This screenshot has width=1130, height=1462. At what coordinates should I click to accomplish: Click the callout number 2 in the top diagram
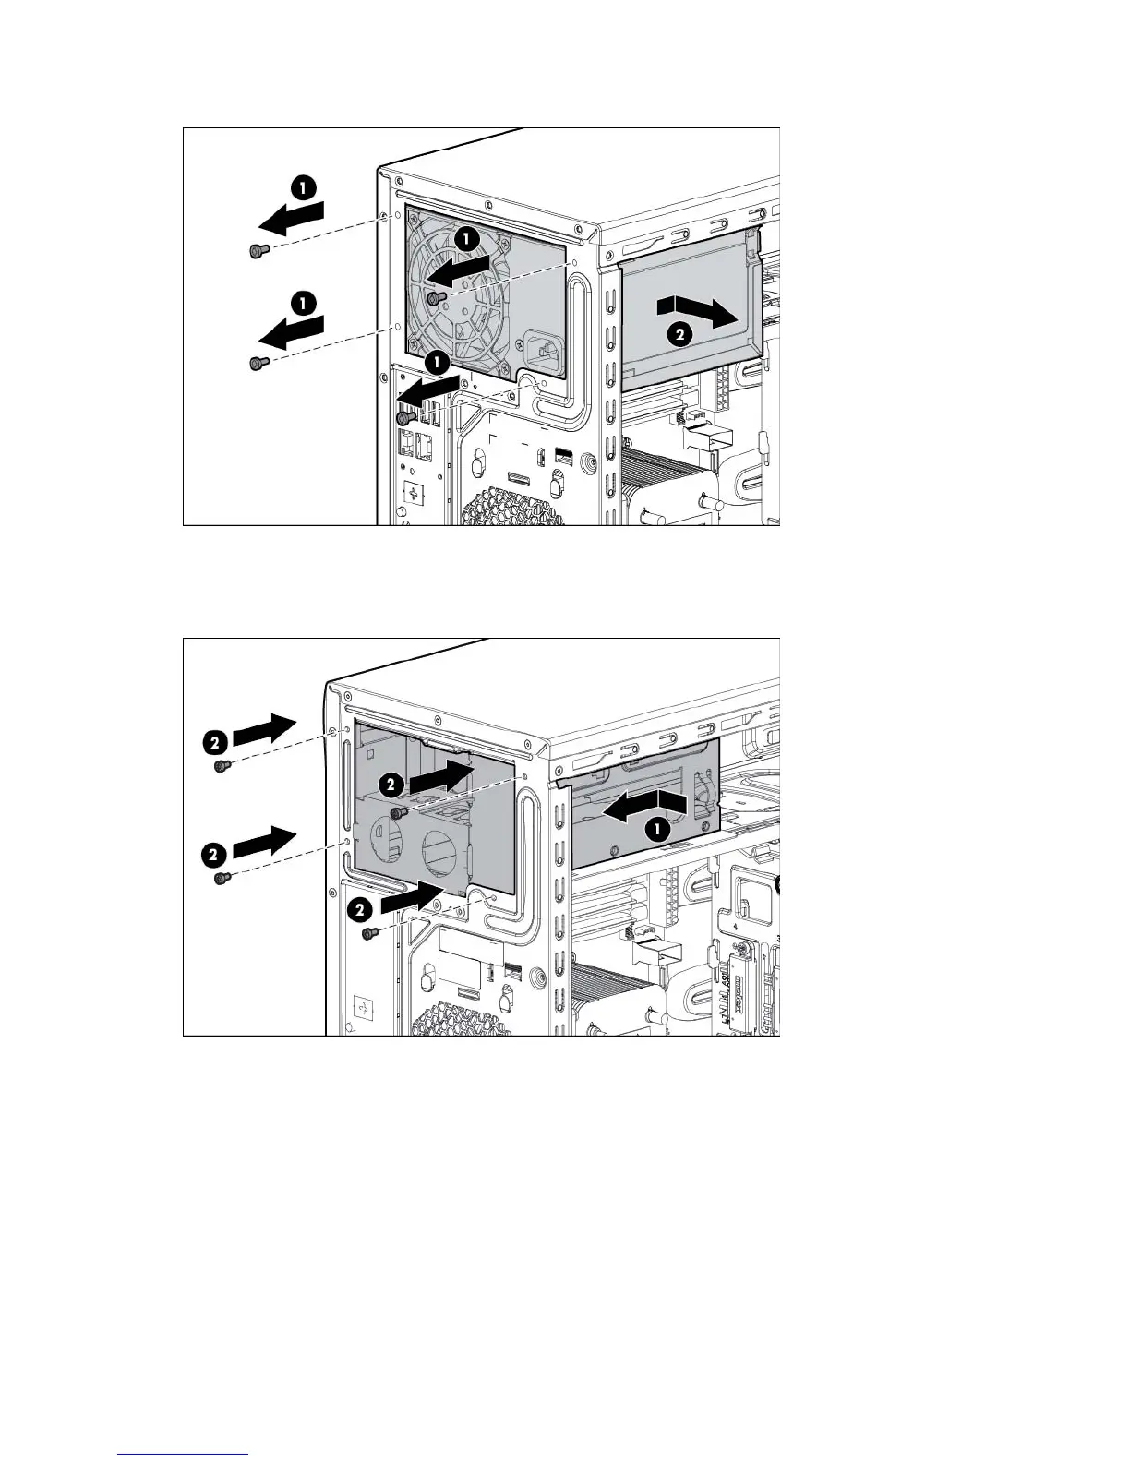tap(679, 337)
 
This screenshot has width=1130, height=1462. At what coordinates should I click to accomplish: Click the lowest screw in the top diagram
tap(403, 418)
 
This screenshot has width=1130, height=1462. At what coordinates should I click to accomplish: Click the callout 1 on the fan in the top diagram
tap(467, 239)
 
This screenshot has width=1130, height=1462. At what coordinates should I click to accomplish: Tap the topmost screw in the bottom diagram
tap(221, 766)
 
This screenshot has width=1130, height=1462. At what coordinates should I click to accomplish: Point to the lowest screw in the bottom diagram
tap(369, 935)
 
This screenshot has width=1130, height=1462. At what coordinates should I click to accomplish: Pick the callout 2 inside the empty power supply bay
tap(391, 785)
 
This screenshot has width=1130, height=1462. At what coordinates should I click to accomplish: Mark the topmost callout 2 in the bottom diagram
tap(214, 740)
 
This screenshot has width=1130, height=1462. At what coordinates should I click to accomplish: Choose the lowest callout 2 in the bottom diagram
tap(361, 909)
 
